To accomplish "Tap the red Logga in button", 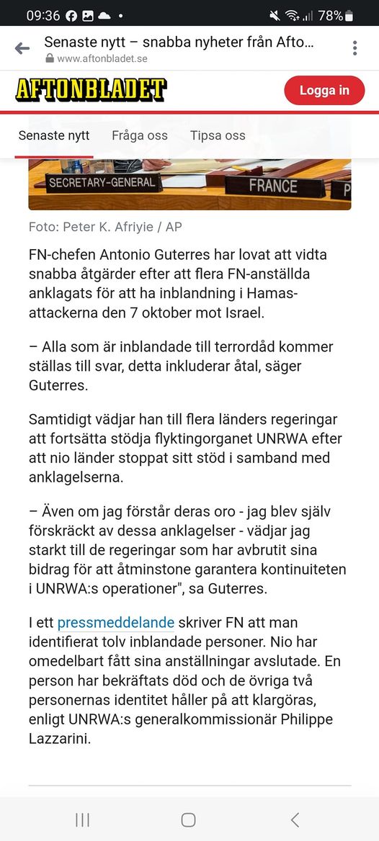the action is click(x=324, y=90).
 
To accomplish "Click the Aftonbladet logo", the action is click(x=91, y=89).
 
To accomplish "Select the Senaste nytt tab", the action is click(x=54, y=135).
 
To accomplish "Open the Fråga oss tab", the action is click(x=140, y=135).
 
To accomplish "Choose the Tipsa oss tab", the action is click(x=218, y=135).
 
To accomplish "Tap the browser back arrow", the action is click(x=22, y=48).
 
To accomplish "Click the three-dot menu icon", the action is click(x=355, y=48).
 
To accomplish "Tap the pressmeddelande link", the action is click(x=116, y=622).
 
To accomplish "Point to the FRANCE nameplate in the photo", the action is click(x=273, y=186).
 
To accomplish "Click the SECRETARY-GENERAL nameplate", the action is click(x=102, y=183).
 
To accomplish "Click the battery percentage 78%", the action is click(x=330, y=15).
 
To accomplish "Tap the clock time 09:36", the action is click(x=43, y=15).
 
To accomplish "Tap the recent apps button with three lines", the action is click(x=83, y=819).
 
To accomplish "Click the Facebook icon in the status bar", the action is click(x=71, y=15).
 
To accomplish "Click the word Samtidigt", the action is click(x=61, y=419).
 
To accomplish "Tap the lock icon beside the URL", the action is click(x=49, y=58).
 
